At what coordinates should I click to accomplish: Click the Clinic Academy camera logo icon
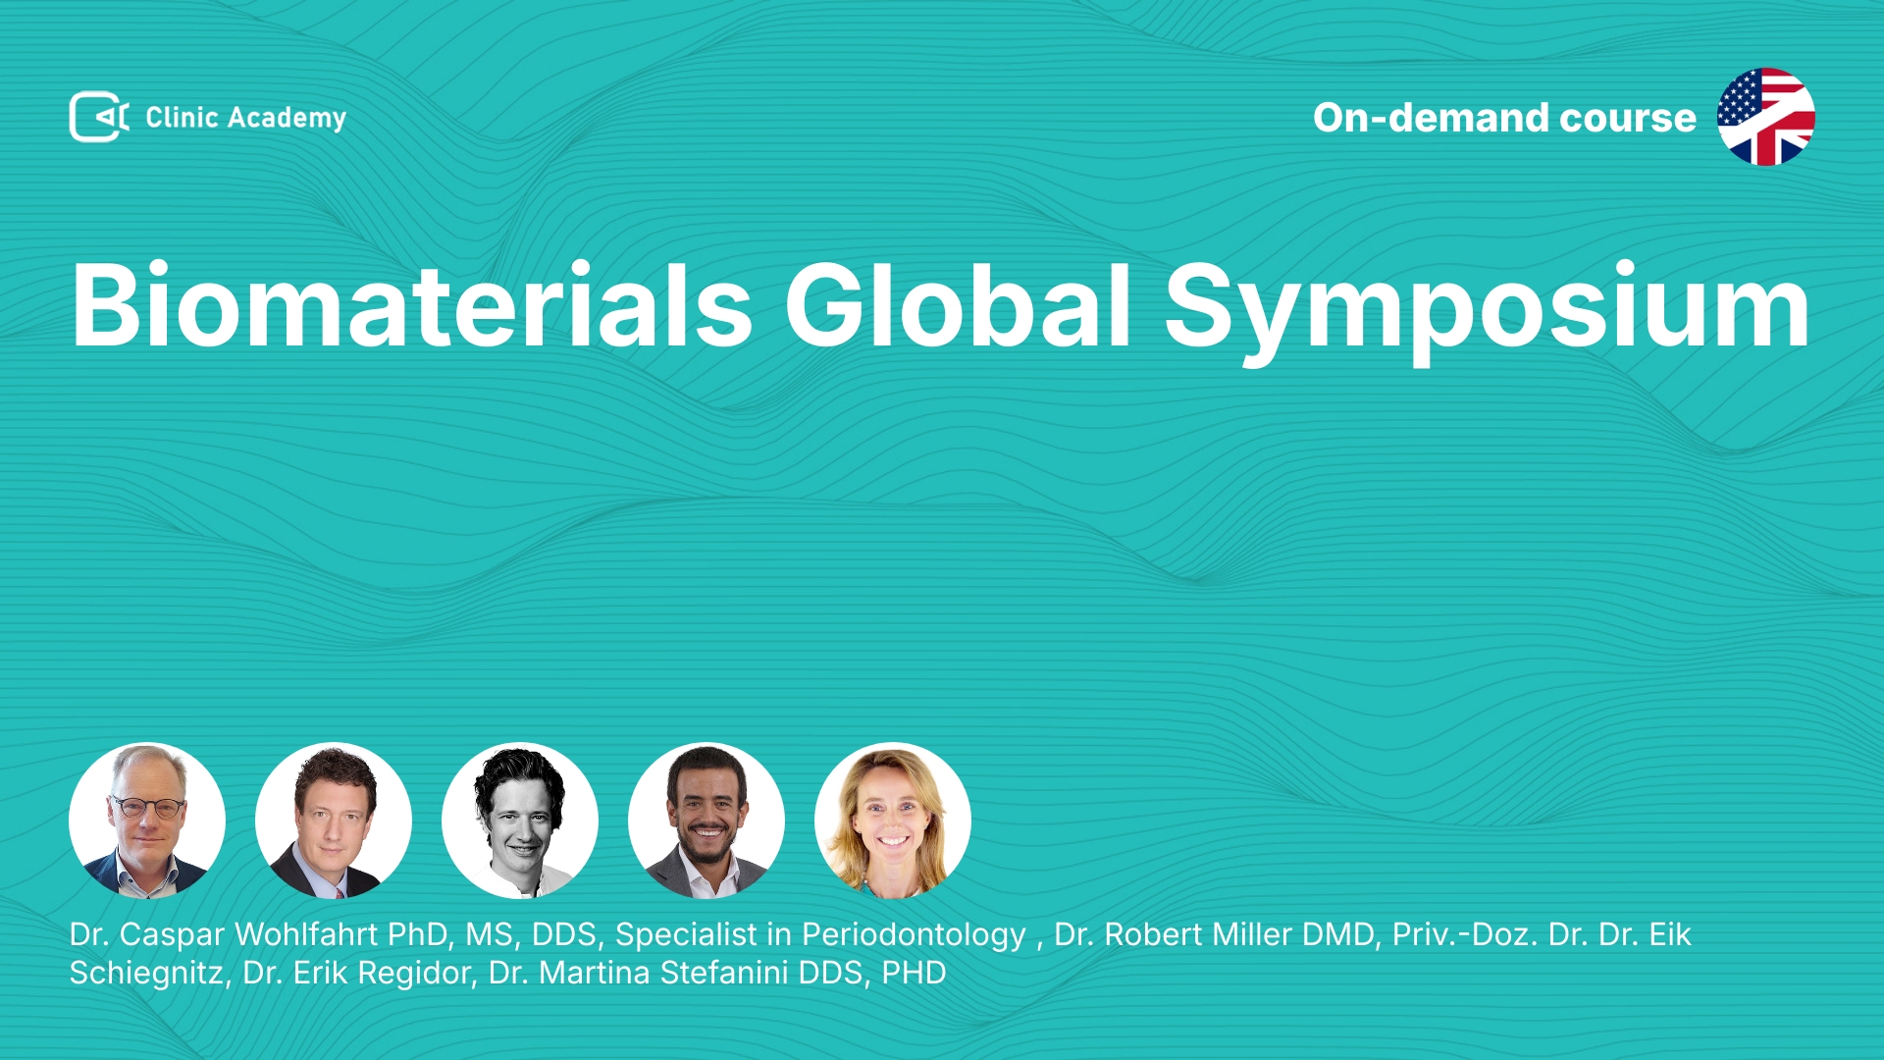tap(99, 117)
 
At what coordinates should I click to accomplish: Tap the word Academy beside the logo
tap(287, 119)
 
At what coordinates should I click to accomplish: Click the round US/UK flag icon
tap(1765, 117)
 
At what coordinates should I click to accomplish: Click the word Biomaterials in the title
tap(412, 305)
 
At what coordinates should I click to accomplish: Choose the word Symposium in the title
tap(1487, 312)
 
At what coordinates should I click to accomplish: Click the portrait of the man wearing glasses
tap(147, 821)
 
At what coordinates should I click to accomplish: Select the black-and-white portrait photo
tap(520, 821)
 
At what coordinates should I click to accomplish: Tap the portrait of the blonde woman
tap(893, 821)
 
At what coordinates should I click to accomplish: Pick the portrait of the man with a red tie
tap(334, 821)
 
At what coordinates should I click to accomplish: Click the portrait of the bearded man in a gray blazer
tap(706, 821)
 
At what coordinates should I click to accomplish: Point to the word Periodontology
tap(914, 936)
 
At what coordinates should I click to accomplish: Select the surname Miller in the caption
tap(1247, 934)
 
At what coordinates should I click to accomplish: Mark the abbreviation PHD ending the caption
tap(914, 973)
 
